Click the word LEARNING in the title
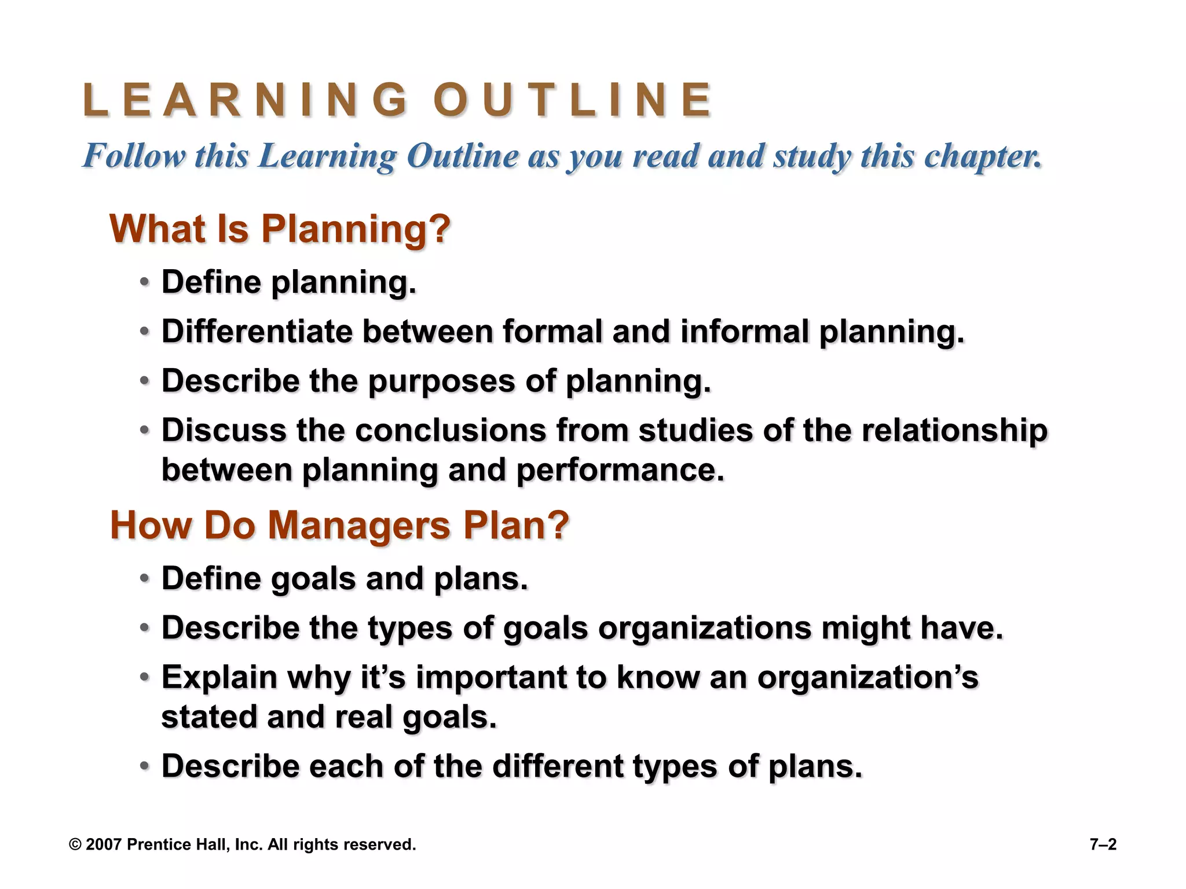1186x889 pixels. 246,100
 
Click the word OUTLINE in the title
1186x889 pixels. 572,100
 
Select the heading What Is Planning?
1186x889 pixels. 280,229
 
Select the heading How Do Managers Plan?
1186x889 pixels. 339,526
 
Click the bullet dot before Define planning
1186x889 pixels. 145,283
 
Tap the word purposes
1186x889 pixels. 441,382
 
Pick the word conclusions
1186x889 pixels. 450,431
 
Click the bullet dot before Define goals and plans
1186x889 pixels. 145,579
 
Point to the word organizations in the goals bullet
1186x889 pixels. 704,628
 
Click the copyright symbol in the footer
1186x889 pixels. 75,845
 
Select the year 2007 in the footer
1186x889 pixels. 103,845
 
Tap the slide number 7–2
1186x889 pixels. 1103,845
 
